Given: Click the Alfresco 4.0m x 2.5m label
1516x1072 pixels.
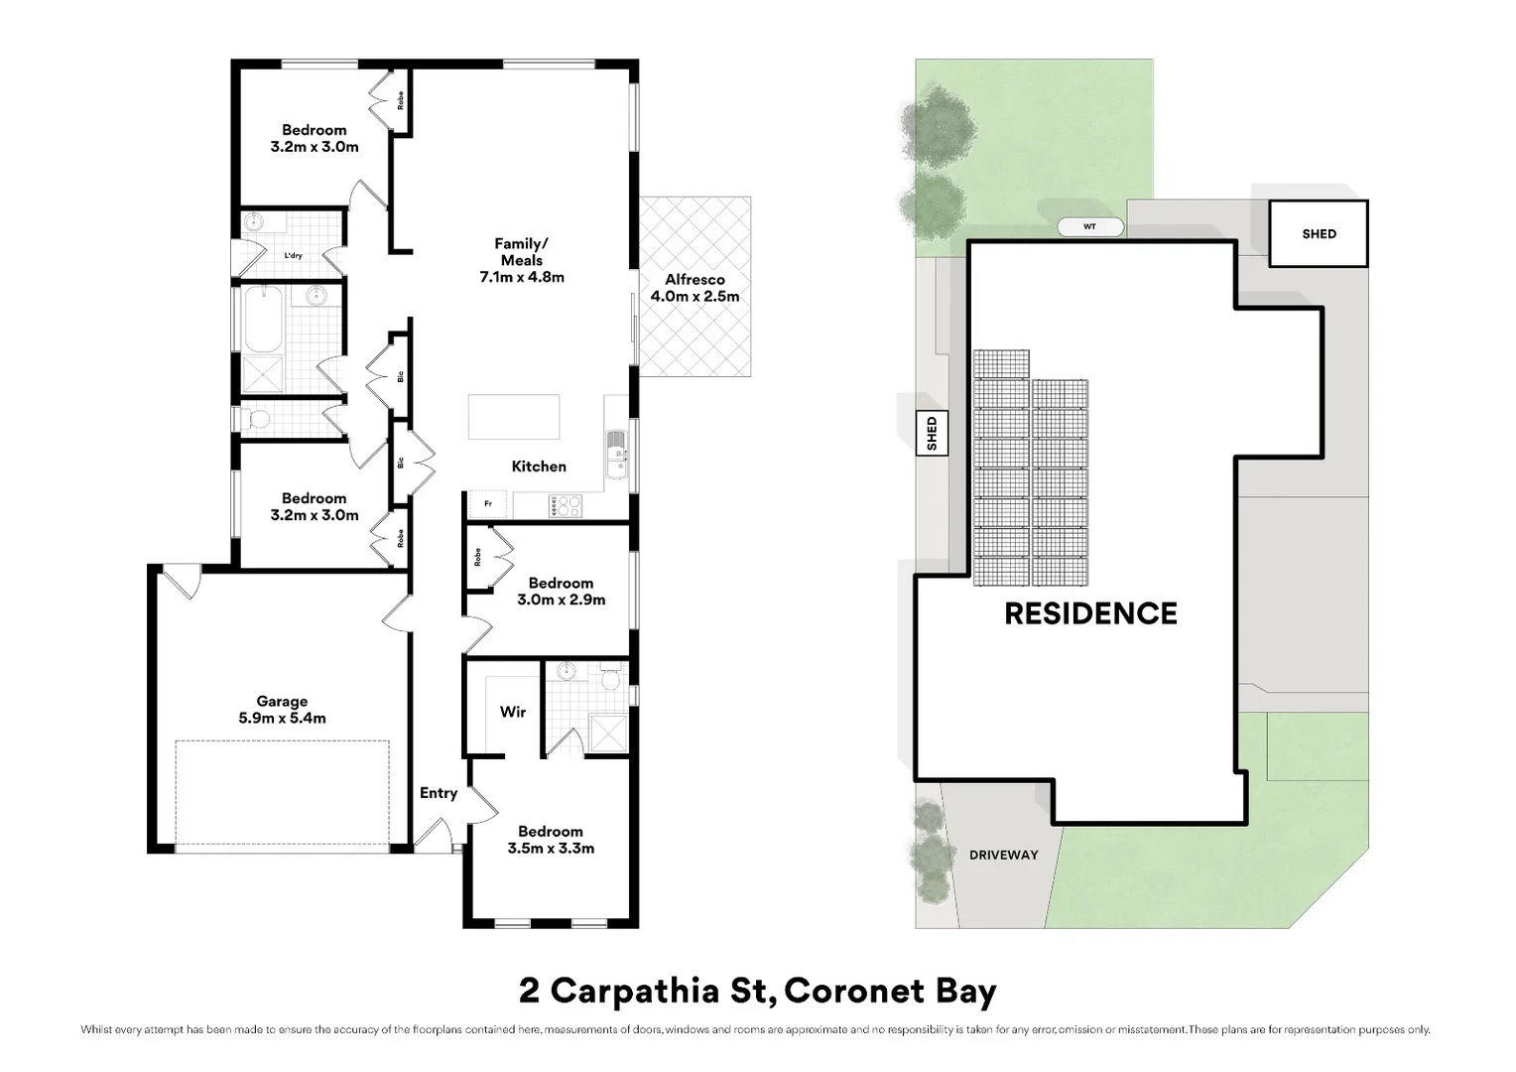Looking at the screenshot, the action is (x=695, y=288).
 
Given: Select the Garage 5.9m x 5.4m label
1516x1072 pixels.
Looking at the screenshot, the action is (x=282, y=710).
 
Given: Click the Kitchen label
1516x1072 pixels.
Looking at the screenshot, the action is (x=539, y=466).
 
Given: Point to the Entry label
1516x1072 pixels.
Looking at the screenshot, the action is (x=439, y=793).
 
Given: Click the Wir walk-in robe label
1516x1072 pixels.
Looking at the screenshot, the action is (x=513, y=712).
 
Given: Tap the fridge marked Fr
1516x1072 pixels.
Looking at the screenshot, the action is (x=488, y=504).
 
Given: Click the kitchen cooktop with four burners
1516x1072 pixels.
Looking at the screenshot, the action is (x=566, y=505).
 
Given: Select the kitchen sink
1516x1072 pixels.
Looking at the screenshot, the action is (x=616, y=454).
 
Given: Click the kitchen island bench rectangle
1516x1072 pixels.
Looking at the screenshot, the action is (x=514, y=417).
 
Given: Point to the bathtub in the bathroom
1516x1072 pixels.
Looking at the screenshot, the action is (x=263, y=319).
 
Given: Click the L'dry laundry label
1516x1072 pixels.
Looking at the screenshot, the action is (x=293, y=255).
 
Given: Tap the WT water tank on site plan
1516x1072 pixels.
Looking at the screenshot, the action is (x=1090, y=227).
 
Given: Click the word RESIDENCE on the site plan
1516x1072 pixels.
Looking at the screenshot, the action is (x=1090, y=613).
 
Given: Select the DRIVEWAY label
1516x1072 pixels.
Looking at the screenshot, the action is (x=1004, y=856).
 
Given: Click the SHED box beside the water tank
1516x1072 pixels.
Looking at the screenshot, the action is (x=1319, y=233).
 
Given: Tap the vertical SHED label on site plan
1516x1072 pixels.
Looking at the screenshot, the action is (x=932, y=434).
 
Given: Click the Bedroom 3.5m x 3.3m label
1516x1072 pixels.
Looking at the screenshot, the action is (x=551, y=840).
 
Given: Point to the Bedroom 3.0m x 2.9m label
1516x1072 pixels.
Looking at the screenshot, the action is (x=561, y=592).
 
